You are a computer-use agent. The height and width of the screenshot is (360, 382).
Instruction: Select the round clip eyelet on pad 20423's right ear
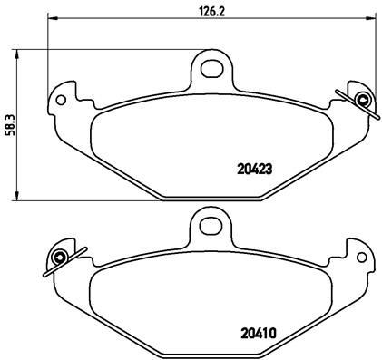[364, 100]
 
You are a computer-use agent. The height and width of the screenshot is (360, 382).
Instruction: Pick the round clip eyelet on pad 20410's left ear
[59, 257]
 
